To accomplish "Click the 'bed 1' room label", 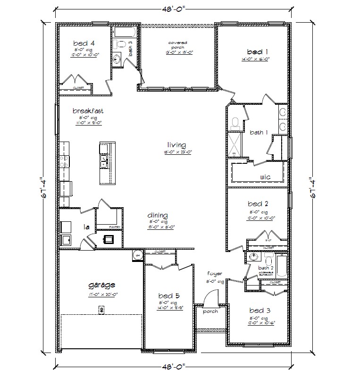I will click(257, 51).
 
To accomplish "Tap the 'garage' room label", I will click(102, 285).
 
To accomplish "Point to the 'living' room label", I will click(176, 145).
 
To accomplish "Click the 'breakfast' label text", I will click(88, 111).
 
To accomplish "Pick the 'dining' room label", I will click(158, 216).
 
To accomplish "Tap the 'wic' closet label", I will click(265, 177).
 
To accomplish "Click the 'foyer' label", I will click(215, 274).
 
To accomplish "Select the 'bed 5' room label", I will click(167, 296).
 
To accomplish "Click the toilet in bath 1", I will click(235, 123).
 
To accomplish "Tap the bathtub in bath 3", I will click(125, 33).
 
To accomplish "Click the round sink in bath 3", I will click(117, 59).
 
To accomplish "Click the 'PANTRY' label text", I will click(116, 227).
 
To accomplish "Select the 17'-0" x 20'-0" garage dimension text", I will click(102, 294).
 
